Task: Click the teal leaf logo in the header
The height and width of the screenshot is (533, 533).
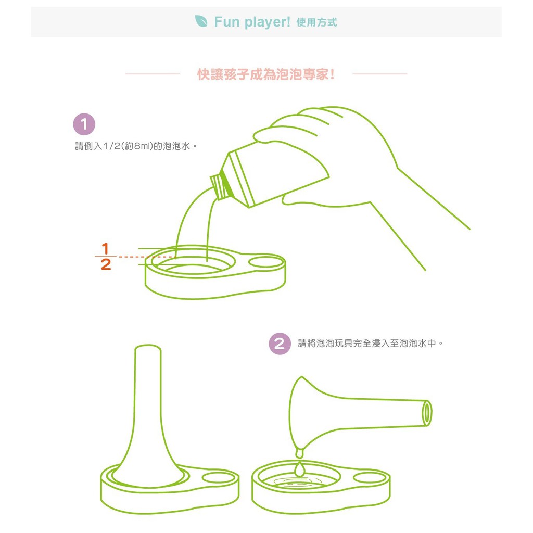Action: click(x=201, y=21)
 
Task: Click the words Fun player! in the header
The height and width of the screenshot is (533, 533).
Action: click(x=252, y=22)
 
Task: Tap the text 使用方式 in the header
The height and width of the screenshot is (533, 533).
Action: click(x=316, y=22)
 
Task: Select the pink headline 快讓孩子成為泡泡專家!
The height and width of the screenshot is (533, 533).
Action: click(x=266, y=74)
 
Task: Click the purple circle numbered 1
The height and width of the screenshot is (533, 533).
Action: click(x=84, y=124)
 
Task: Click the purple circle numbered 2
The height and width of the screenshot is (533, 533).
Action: click(x=280, y=344)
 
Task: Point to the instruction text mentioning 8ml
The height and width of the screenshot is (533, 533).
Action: click(x=136, y=146)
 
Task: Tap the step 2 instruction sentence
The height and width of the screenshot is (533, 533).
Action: click(x=371, y=344)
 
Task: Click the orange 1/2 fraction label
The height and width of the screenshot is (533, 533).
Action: click(x=105, y=256)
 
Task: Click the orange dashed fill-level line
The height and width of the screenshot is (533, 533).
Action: click(x=147, y=257)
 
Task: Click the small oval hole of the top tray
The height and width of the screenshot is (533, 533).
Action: click(x=266, y=262)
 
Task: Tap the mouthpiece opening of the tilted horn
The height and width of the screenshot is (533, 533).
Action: click(x=427, y=413)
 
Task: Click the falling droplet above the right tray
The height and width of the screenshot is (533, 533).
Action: click(x=299, y=469)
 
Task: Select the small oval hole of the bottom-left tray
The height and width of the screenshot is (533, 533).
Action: click(x=219, y=478)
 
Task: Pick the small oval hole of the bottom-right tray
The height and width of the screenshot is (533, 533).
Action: click(x=370, y=478)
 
